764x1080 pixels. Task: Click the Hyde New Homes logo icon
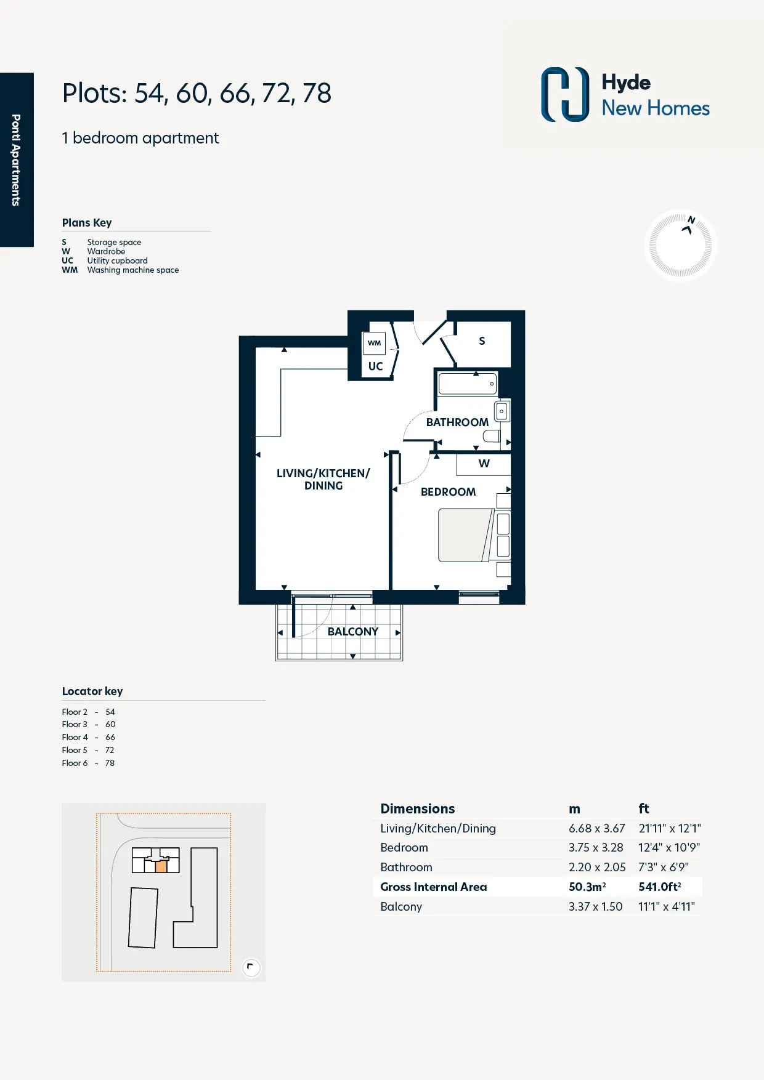565,94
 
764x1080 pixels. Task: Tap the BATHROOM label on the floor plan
457,422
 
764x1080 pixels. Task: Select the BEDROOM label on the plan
448,492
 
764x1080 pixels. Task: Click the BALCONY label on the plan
353,632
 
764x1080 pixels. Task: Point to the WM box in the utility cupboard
375,343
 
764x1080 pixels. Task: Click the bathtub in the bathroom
468,384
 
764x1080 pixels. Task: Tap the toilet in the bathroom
492,437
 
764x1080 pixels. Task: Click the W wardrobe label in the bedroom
484,464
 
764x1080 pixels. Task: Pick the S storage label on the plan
482,341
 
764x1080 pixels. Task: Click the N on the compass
691,220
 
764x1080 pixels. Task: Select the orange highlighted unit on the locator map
161,866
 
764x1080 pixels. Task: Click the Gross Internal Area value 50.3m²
587,887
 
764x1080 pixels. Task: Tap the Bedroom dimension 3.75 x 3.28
596,847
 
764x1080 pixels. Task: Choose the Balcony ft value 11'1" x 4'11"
667,906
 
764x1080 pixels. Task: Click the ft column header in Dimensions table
644,808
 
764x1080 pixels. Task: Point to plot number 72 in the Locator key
110,750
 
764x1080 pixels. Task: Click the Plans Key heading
87,223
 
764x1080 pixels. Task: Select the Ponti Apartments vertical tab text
16,160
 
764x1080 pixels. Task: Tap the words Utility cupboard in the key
118,260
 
